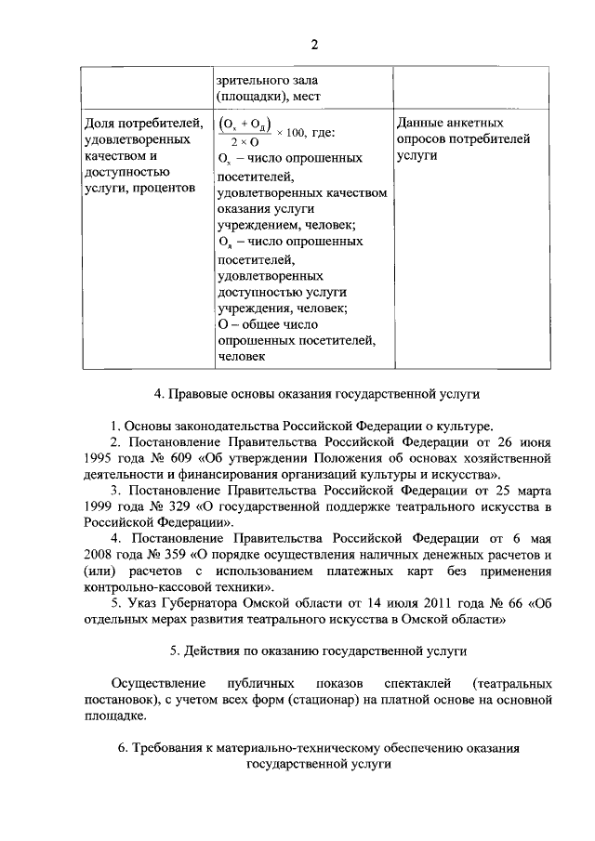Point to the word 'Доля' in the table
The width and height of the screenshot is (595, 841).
click(x=99, y=123)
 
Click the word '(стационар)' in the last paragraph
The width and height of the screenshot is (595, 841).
click(x=337, y=698)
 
